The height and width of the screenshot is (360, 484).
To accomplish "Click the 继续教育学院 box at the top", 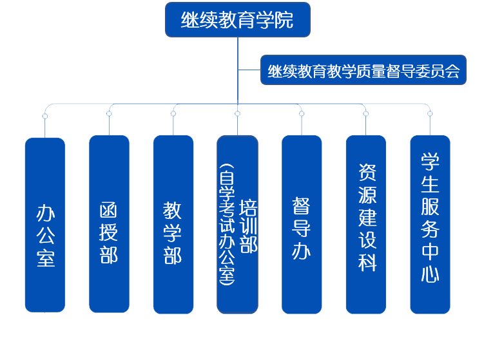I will [237, 20].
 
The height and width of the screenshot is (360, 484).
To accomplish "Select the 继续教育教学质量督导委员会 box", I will [363, 70].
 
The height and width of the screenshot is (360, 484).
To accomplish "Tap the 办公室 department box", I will [45, 225].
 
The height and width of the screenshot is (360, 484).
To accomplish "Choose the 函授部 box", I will [109, 225].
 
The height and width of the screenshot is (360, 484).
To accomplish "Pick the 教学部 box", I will [173, 225].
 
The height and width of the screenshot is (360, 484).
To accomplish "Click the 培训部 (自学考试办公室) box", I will [237, 225].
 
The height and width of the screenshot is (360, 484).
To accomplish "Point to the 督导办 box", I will [301, 225].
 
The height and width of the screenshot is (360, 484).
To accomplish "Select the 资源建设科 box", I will [365, 225].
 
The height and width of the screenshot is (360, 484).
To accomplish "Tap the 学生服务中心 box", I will [430, 225].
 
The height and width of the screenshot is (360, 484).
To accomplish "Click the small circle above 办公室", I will [45, 115].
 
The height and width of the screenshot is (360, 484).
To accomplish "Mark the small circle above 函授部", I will [109, 114].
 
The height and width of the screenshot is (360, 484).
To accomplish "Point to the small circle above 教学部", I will [173, 114].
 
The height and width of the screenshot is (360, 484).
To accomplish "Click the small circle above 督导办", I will [302, 114].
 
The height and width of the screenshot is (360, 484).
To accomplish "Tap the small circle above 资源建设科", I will [365, 114].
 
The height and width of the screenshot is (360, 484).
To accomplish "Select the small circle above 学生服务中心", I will [430, 114].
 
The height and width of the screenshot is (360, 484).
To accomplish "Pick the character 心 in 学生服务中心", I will [430, 274].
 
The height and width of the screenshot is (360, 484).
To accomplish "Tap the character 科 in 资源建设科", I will [367, 261].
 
